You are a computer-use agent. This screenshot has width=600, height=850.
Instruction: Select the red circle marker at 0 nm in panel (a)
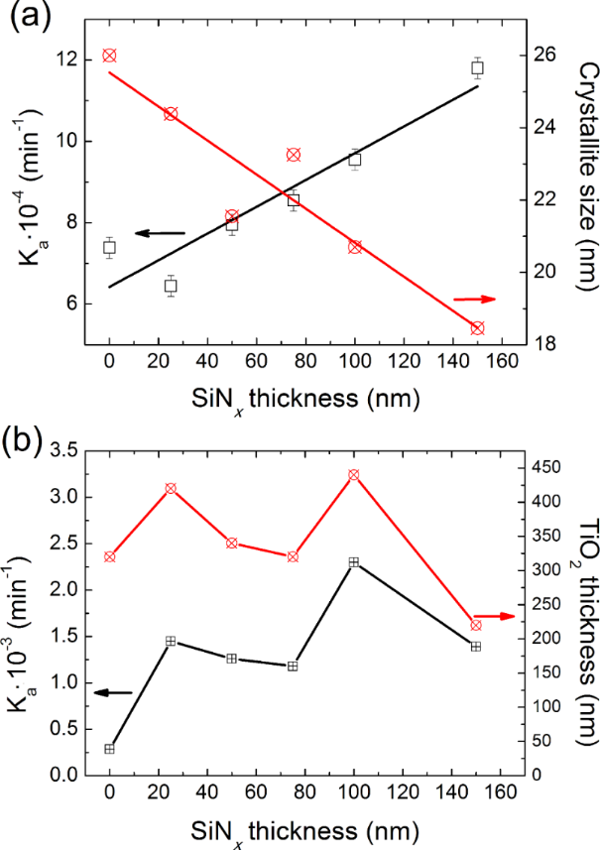[109, 56]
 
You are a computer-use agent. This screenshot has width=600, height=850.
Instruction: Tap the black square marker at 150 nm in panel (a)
[477, 68]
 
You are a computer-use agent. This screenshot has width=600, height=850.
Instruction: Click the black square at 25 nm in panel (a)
[171, 286]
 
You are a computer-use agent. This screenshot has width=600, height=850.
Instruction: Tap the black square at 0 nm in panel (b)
[109, 749]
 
